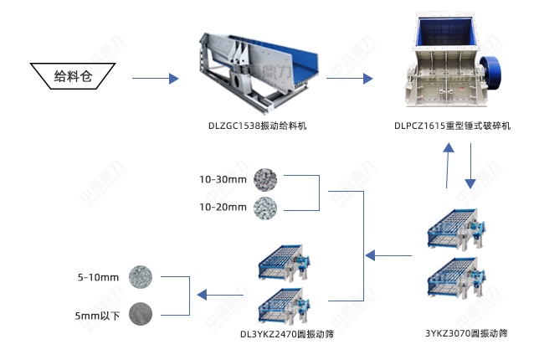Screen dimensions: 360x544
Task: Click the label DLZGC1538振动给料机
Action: point(258,126)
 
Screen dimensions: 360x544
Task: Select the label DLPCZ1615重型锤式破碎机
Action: point(452,126)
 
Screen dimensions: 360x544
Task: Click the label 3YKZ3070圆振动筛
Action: point(466,333)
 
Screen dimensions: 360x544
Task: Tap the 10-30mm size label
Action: point(223,179)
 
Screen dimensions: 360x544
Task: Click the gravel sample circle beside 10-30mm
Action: point(267,178)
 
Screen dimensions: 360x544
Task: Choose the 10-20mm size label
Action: point(223,207)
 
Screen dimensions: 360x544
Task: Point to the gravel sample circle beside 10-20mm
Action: point(267,207)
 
